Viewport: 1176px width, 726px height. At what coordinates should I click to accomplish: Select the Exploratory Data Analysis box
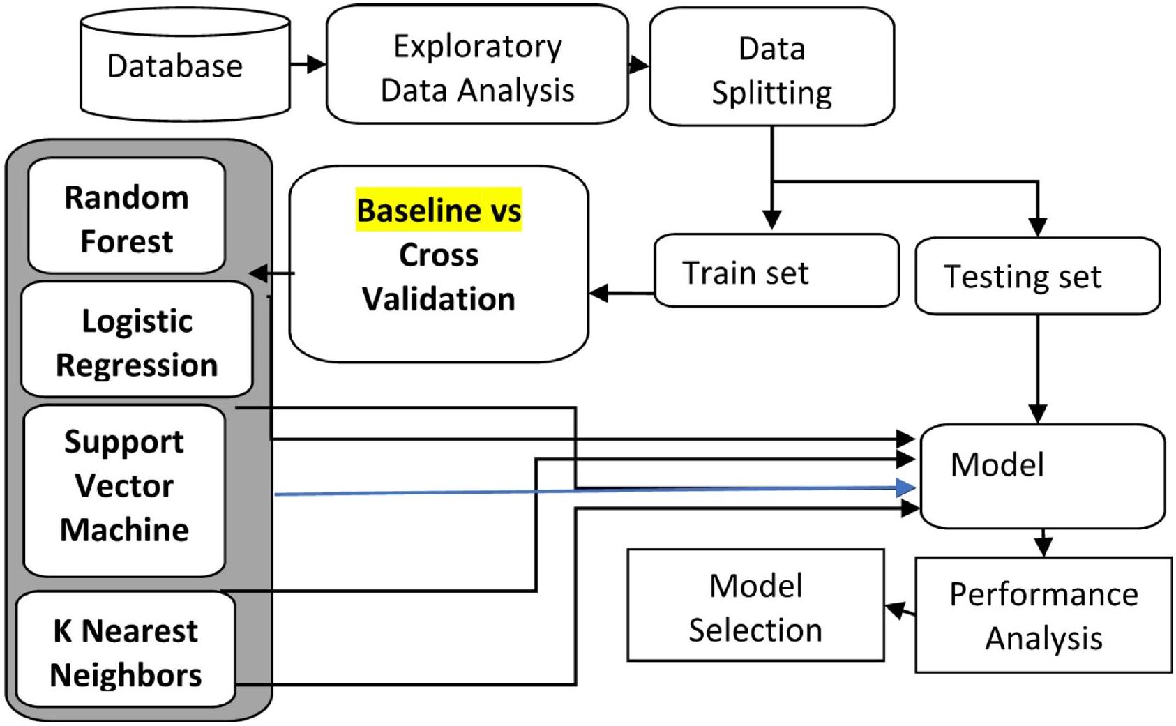click(477, 67)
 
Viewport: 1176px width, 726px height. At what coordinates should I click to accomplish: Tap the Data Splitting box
click(771, 68)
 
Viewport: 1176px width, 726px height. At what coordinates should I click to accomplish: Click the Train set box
click(776, 272)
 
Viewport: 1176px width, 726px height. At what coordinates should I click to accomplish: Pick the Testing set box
click(1037, 276)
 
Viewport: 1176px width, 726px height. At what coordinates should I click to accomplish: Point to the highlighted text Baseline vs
click(439, 210)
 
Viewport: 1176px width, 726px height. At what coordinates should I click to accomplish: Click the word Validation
click(439, 299)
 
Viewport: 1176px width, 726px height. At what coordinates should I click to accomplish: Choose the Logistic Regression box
click(137, 342)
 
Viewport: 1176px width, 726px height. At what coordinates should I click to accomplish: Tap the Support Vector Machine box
click(124, 488)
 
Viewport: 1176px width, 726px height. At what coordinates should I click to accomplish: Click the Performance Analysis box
click(1043, 616)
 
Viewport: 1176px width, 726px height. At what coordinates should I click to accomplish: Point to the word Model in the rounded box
click(997, 464)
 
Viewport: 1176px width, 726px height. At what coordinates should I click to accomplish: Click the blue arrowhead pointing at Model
click(906, 487)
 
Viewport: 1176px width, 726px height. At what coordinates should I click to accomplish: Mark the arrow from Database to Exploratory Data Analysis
click(308, 65)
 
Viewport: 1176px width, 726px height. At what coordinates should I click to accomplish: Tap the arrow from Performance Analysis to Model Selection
click(900, 611)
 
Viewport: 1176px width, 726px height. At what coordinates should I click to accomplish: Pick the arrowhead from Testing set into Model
click(1038, 414)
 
